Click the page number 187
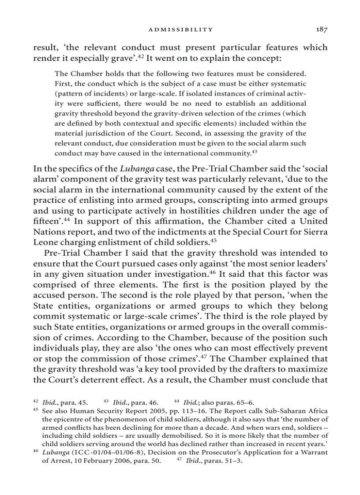[x=321, y=30]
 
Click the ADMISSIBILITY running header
[x=180, y=30]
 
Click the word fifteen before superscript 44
[x=45, y=221]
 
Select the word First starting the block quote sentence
[x=62, y=84]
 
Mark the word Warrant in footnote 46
[x=313, y=453]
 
